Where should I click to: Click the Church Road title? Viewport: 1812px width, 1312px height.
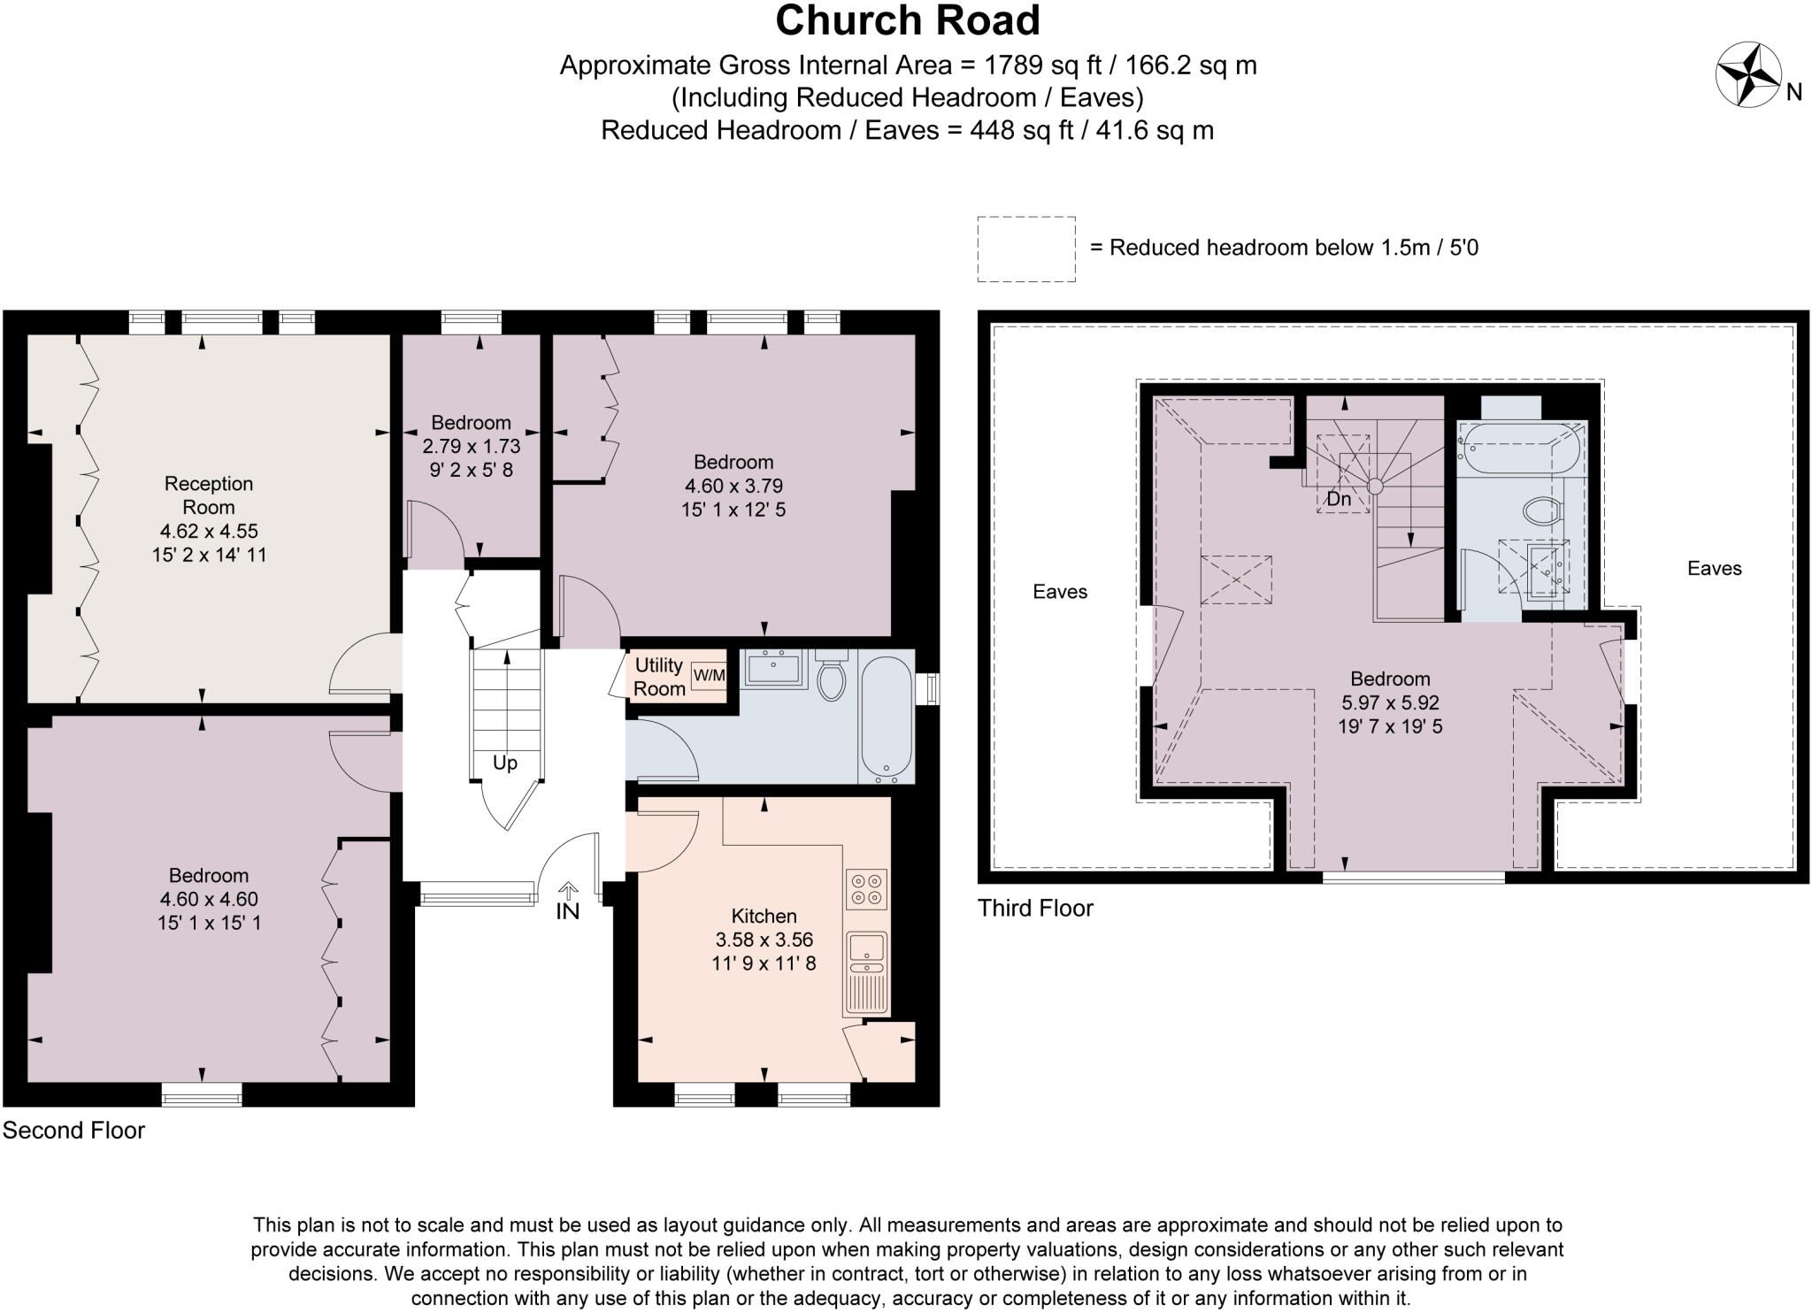[907, 20]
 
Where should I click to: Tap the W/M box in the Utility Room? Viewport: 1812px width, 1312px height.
[709, 676]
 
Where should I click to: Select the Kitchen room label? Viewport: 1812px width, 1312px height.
[764, 916]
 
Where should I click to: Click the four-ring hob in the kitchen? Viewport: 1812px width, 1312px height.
[866, 889]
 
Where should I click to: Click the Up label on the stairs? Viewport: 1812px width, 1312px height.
[504, 763]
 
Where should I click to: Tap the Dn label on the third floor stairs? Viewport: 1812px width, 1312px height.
[1339, 499]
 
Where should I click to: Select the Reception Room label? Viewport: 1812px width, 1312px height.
[209, 495]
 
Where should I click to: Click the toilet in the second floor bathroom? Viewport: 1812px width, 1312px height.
[831, 678]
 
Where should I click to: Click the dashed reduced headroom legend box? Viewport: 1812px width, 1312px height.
[1026, 249]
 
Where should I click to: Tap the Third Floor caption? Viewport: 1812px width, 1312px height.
[1035, 909]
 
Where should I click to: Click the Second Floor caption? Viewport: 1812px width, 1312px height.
[73, 1131]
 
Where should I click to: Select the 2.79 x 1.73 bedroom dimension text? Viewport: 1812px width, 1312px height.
[471, 446]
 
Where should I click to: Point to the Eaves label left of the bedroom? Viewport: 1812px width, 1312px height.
[1060, 592]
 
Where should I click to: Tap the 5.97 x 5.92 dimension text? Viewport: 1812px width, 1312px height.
[1390, 703]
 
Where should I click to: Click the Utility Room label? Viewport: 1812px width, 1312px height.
[659, 677]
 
